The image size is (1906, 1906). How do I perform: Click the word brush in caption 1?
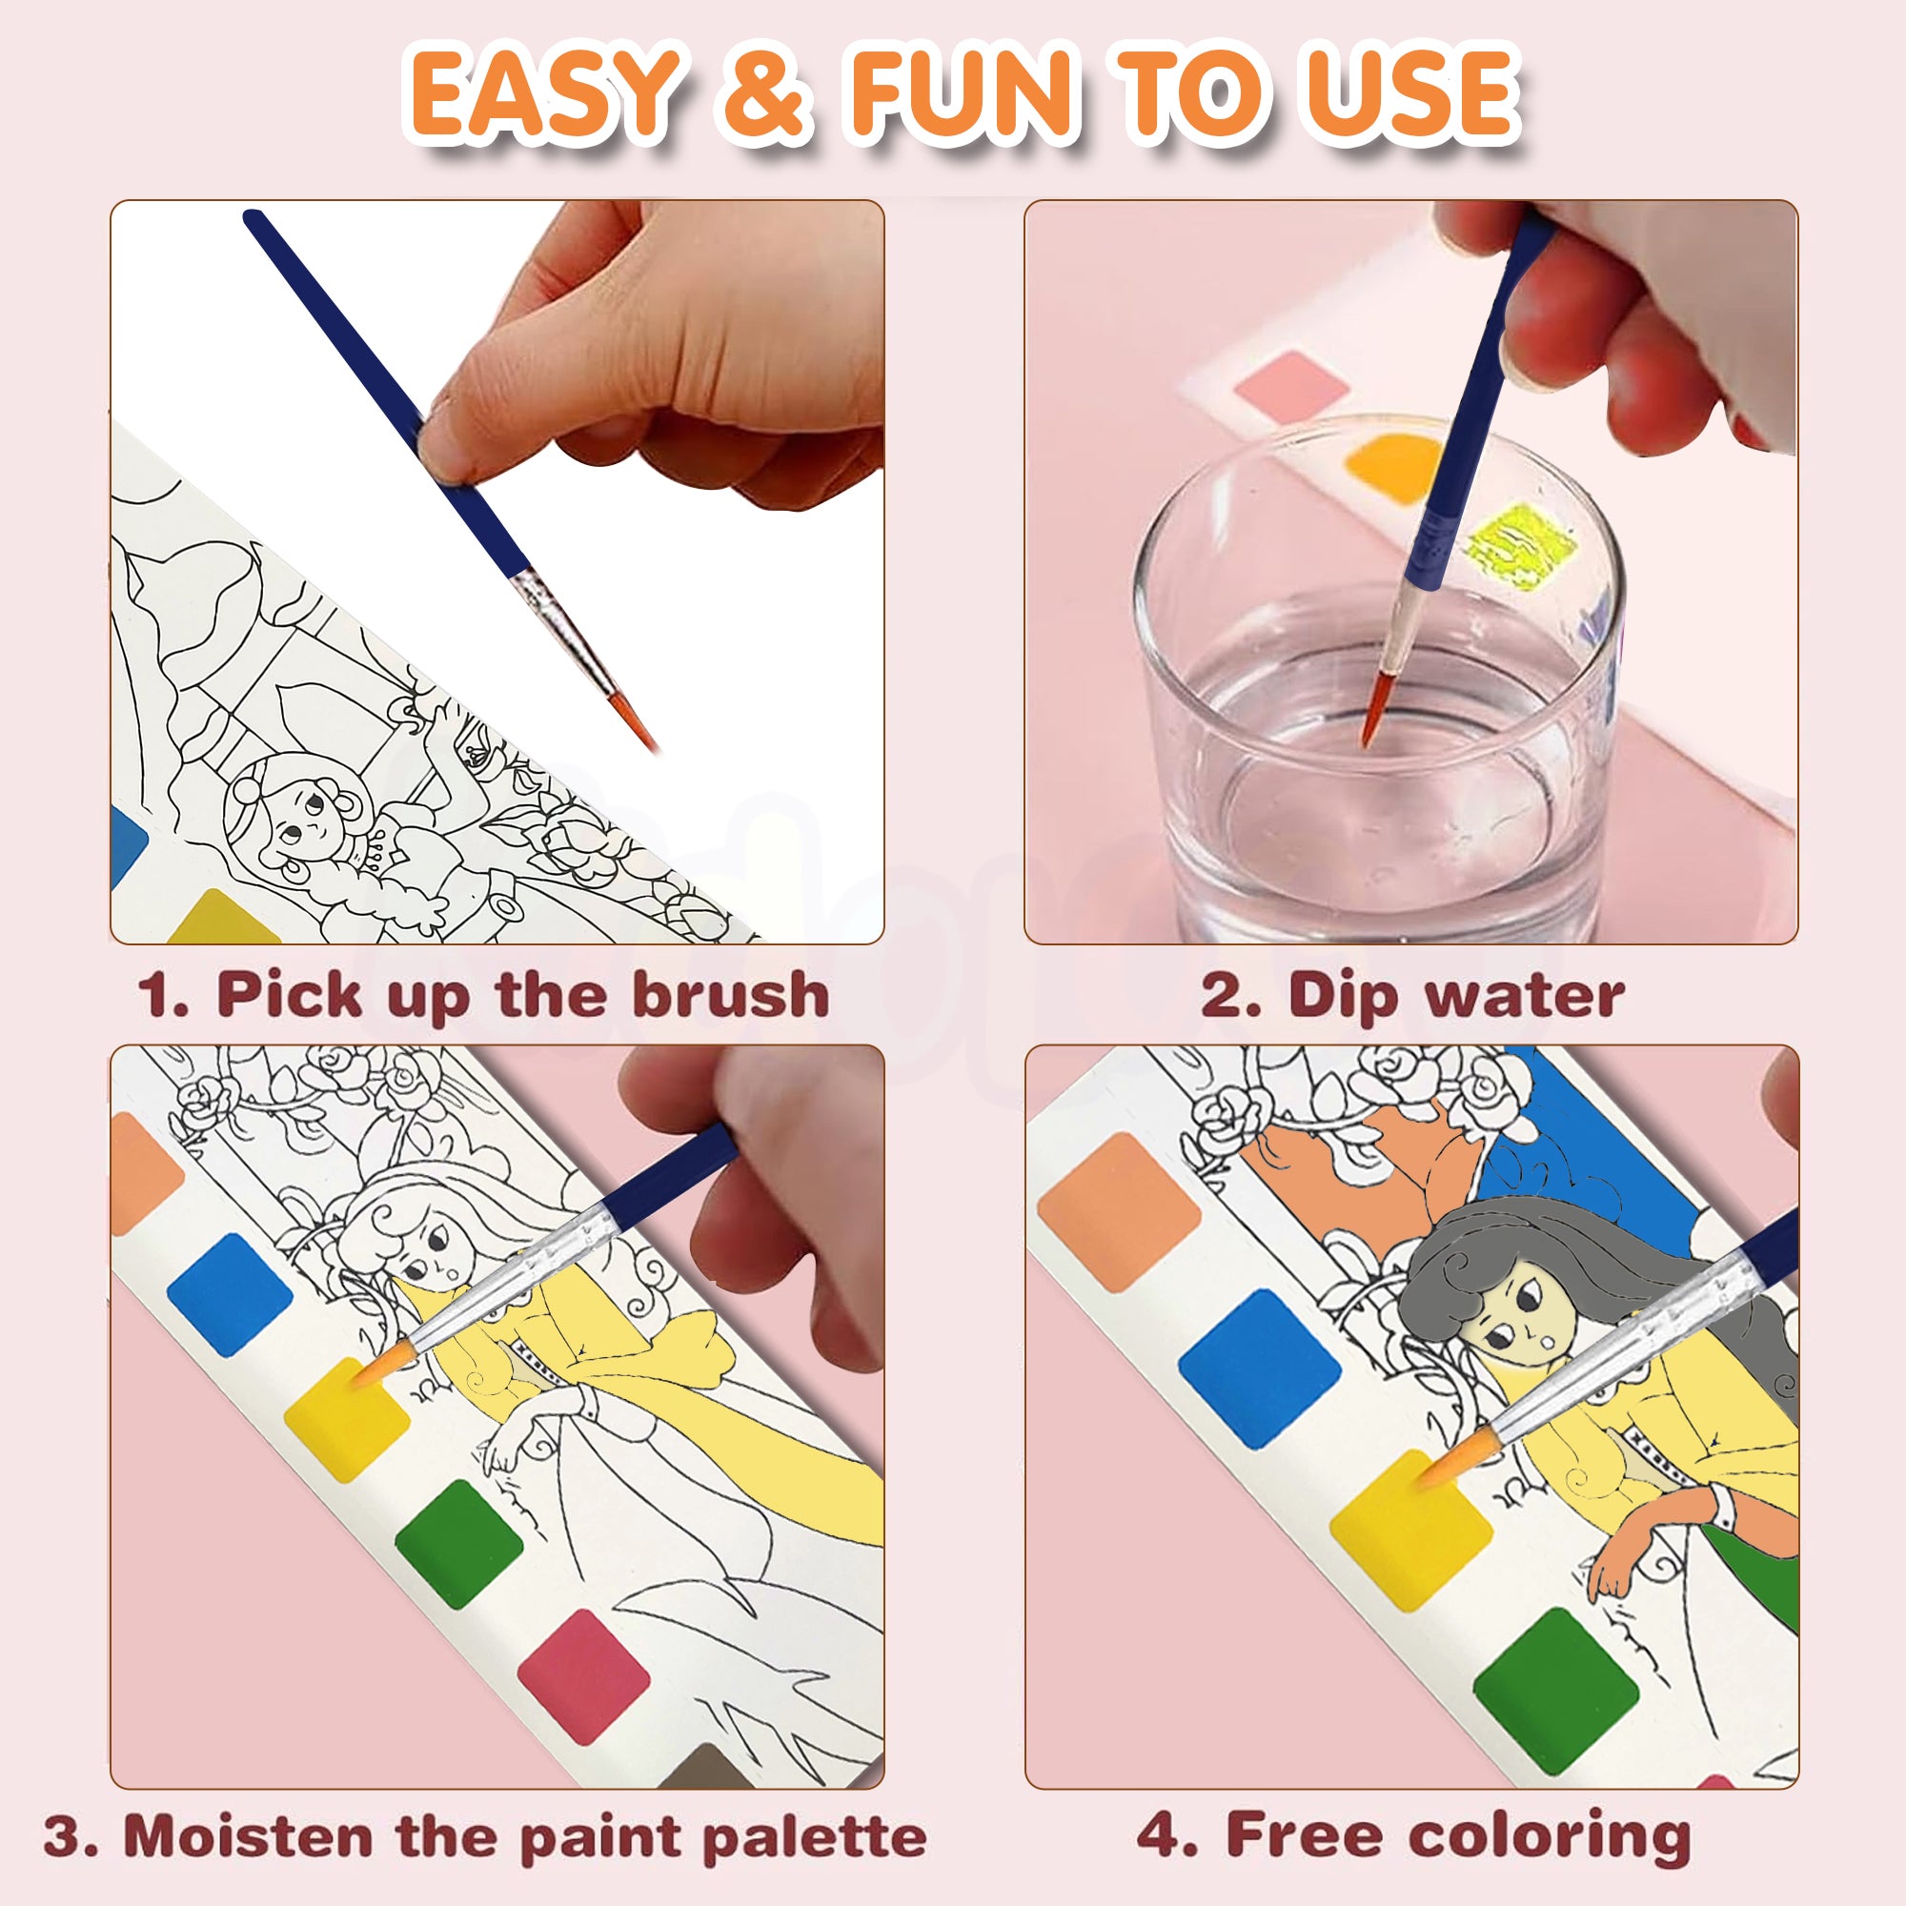click(x=730, y=993)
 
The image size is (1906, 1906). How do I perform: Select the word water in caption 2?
click(x=1524, y=994)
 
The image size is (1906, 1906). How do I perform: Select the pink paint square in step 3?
click(x=583, y=1671)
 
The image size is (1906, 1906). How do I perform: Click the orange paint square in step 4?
click(x=1119, y=1212)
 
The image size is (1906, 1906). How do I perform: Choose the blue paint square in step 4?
click(x=1260, y=1369)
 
